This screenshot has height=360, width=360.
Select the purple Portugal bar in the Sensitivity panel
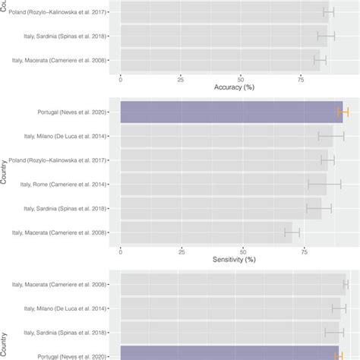point(231,112)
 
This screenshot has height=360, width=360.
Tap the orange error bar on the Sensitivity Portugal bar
point(343,112)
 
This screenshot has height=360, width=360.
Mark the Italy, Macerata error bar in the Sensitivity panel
point(292,232)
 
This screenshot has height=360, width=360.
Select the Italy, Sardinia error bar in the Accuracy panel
point(326,36)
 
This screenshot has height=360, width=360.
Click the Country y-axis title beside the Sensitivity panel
point(5,172)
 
